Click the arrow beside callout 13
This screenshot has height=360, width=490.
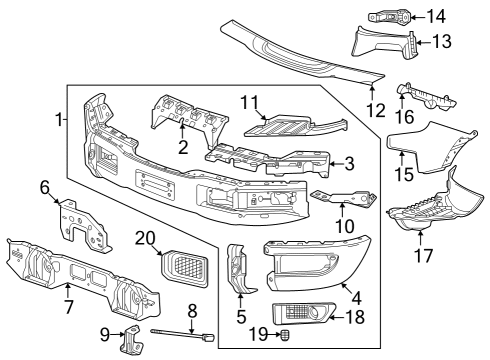click(418, 42)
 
